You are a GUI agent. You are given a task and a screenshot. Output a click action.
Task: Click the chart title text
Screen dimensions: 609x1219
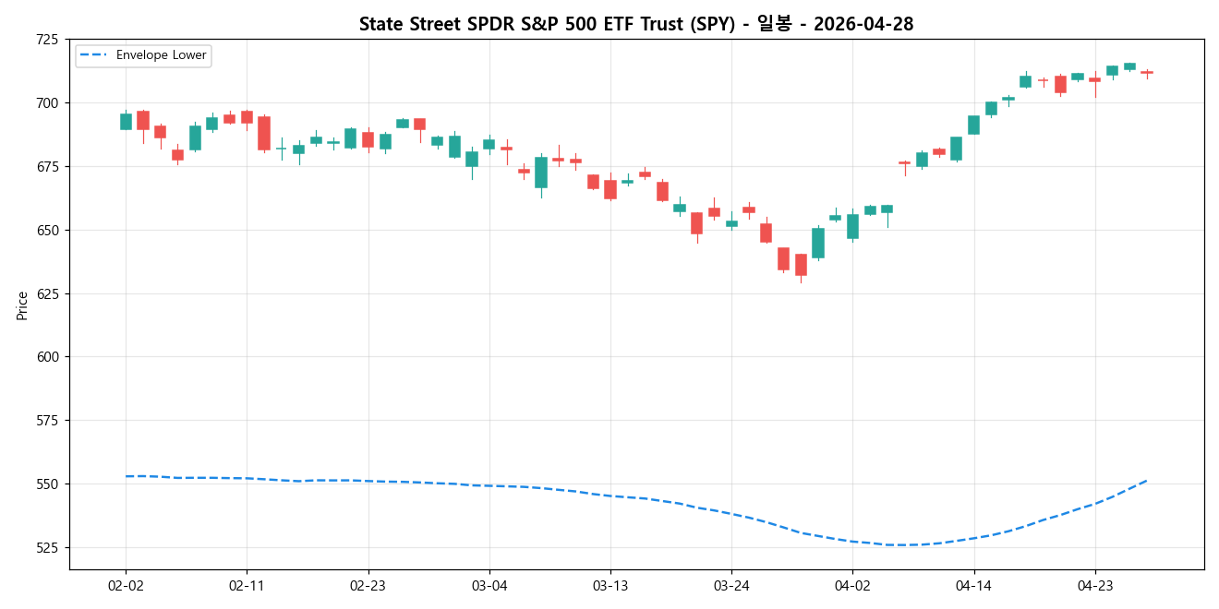pos(636,24)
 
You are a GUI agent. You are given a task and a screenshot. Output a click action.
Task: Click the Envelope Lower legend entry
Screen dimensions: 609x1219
pos(143,55)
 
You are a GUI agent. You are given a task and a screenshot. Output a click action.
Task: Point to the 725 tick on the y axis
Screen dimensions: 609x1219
pos(46,40)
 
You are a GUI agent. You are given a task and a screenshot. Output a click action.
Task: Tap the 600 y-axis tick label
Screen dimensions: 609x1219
pos(46,357)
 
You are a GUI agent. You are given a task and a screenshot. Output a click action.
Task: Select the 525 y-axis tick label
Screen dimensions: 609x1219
pos(46,548)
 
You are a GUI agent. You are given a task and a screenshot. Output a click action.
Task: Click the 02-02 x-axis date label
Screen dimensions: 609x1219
pos(126,585)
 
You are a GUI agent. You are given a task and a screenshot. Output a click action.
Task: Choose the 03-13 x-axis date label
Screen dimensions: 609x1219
pos(610,585)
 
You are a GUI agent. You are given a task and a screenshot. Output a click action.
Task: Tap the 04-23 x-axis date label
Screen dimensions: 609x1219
pos(1094,585)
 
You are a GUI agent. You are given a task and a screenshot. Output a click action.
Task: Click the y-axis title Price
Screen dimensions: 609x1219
pos(22,305)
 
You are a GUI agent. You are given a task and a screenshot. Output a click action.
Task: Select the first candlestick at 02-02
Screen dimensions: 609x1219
pos(126,121)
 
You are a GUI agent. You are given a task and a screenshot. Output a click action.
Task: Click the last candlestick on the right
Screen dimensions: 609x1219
pos(1146,72)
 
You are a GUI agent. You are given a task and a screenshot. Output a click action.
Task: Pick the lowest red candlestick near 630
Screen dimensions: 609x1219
pos(801,265)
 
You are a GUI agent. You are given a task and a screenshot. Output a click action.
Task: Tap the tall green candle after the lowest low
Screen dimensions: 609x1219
pos(818,243)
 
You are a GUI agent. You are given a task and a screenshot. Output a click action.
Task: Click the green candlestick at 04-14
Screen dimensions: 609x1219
pos(973,125)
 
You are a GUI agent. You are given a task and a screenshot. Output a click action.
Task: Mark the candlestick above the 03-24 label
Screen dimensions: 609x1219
pos(731,223)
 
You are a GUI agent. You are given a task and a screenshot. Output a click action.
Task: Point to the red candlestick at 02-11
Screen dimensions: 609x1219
pos(247,117)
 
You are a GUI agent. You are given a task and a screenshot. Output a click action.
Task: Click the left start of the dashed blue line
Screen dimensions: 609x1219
pos(127,476)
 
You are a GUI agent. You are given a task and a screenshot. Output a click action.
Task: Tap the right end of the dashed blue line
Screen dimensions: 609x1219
pos(1146,480)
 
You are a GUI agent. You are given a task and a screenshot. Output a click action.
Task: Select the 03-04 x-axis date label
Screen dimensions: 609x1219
pos(489,585)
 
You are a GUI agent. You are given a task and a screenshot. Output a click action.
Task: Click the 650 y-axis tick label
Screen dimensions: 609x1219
pos(46,230)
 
